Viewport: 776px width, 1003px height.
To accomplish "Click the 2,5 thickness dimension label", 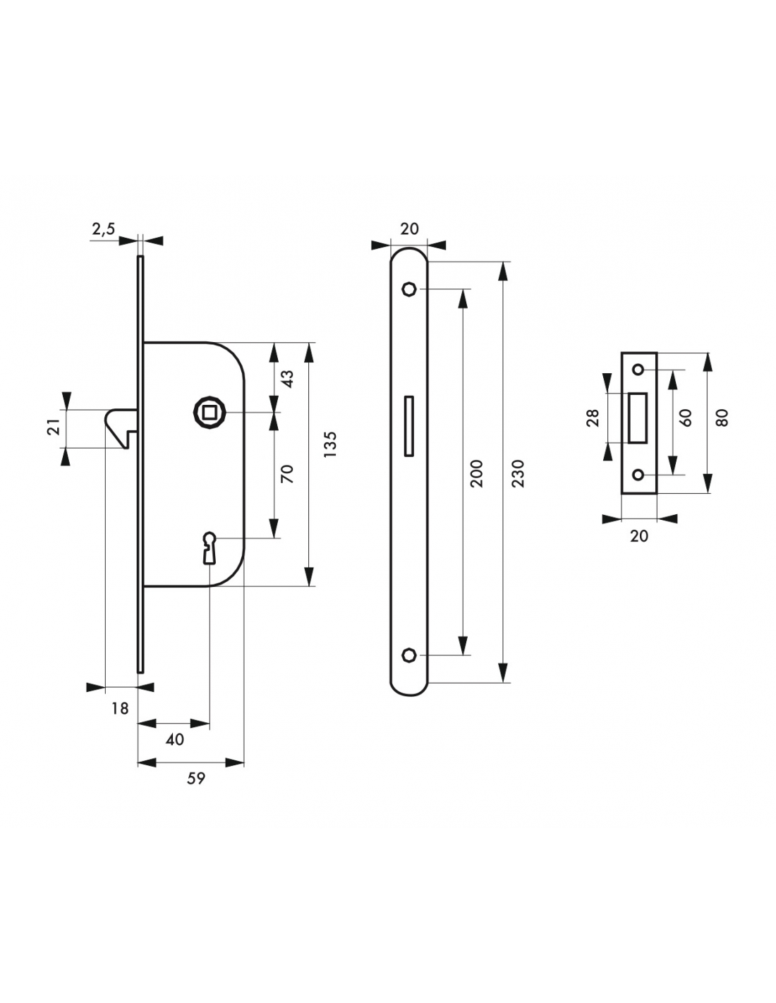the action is tap(103, 229).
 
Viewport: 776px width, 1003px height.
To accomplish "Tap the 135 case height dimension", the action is tap(331, 444).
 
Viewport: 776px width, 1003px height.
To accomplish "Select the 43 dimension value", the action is tap(287, 379).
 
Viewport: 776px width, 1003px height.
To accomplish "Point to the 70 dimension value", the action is tap(287, 474).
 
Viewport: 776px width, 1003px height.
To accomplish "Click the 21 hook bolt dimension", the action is tap(55, 427).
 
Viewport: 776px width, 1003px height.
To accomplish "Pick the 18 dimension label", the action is tap(120, 708).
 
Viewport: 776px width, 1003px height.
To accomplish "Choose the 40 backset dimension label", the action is tap(174, 740).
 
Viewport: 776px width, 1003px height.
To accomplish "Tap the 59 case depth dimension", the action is tap(195, 779).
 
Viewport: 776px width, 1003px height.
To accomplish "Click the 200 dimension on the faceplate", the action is tap(476, 473).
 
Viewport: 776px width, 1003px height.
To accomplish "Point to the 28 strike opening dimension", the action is tap(593, 418).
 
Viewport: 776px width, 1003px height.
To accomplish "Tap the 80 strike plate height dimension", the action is tap(722, 418).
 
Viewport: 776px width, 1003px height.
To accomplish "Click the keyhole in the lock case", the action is tap(210, 548).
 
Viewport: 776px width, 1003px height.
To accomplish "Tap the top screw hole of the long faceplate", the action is tap(409, 289).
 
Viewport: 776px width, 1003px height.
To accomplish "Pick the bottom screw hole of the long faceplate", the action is tap(409, 655).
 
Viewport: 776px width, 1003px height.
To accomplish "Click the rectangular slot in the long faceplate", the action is tap(408, 426).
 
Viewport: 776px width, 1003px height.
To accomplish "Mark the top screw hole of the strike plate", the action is tap(638, 370).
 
